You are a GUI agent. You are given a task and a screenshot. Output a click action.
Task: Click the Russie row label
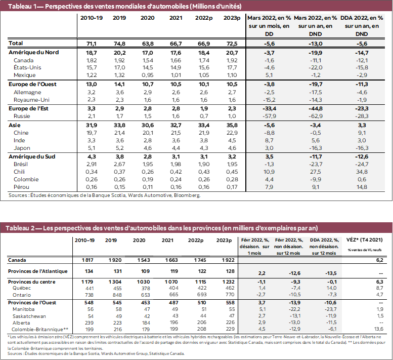(x=23, y=116)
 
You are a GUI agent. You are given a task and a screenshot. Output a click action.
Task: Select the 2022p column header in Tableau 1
(x=204, y=18)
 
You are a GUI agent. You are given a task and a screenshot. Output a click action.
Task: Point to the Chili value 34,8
(x=362, y=172)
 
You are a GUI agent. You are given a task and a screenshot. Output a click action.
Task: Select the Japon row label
(x=22, y=148)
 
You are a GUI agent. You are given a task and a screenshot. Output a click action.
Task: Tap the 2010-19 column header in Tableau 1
(x=91, y=18)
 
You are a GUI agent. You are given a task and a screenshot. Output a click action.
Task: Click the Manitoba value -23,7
(x=331, y=309)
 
